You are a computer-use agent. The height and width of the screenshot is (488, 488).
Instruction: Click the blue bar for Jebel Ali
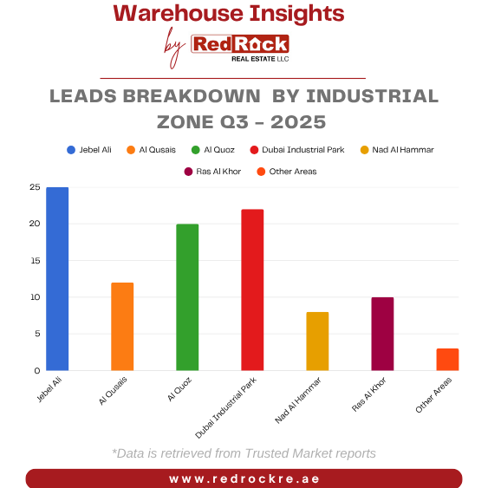57,279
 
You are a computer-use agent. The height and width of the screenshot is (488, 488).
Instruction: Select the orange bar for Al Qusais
122,327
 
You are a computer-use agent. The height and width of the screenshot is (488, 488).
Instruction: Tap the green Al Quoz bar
187,297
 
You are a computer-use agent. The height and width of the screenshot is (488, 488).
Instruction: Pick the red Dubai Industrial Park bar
252,290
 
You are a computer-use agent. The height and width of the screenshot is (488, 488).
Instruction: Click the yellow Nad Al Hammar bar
317,342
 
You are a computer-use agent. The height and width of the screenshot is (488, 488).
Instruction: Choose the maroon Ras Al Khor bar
382,334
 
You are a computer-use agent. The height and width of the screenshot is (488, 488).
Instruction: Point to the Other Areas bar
447,360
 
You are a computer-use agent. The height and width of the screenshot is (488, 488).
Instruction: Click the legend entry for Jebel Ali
91,150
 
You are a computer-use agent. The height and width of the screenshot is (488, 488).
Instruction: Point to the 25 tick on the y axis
35,187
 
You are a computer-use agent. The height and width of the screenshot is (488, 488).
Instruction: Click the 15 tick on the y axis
35,261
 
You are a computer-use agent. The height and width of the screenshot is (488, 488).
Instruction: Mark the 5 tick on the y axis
36,334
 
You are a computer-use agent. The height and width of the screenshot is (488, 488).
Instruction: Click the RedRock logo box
240,44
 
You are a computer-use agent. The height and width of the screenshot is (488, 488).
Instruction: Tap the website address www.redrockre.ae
244,478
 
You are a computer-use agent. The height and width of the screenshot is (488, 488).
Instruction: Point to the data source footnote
244,453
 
